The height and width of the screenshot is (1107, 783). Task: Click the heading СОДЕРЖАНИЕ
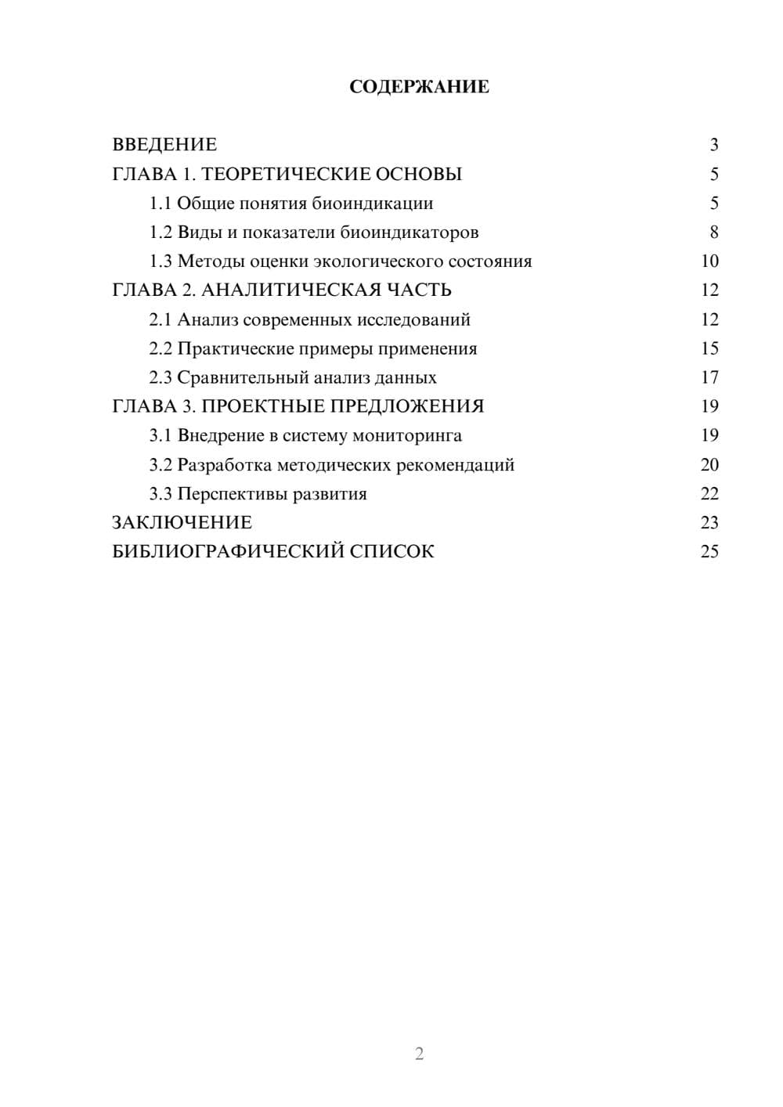coord(419,87)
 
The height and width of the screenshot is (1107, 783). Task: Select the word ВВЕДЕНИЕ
coord(164,145)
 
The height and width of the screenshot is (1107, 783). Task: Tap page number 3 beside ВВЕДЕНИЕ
coord(713,145)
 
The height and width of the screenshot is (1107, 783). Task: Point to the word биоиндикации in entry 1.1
coord(373,204)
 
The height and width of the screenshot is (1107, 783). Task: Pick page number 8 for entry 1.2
coord(713,233)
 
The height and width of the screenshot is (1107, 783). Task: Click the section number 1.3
coord(161,261)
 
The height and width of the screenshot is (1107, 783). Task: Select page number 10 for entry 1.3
coord(709,261)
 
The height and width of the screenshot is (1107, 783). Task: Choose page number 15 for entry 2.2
coord(709,348)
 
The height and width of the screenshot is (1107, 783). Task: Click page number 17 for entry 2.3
coord(709,377)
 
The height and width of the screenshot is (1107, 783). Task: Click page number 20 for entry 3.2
coord(709,465)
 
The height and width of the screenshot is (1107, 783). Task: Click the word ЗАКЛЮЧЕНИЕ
coord(182,523)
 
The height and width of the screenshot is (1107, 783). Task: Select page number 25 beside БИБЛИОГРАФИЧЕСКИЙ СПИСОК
coord(709,552)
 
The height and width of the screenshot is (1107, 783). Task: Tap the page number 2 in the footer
coord(419,1054)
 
